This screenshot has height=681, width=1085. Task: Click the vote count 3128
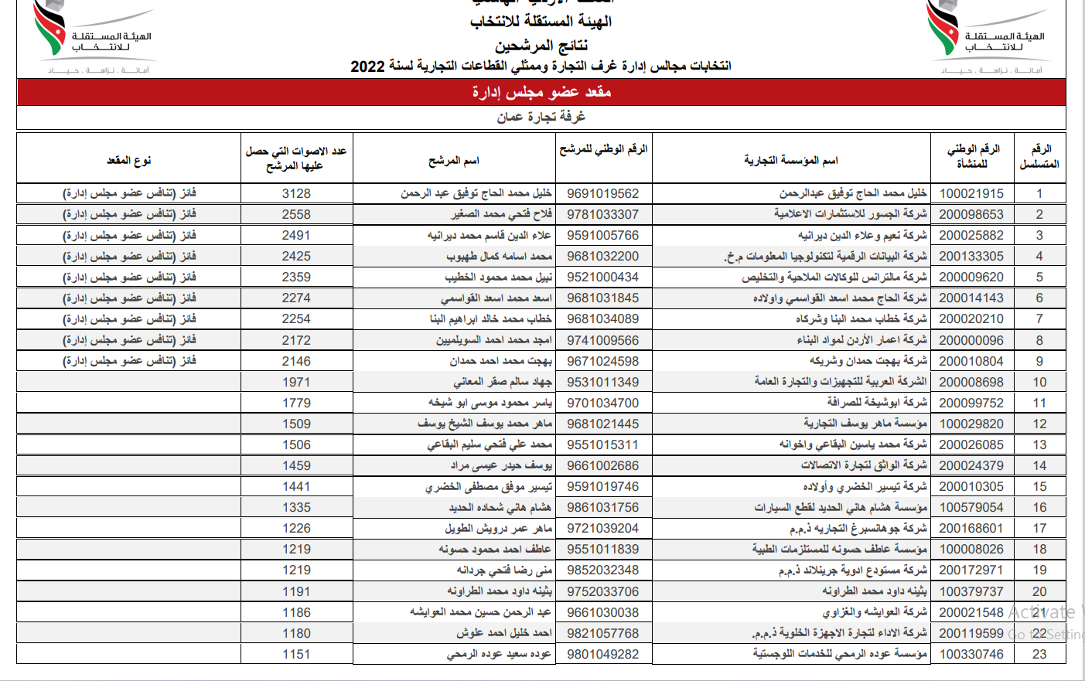tap(296, 193)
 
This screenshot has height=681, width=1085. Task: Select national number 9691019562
tap(602, 193)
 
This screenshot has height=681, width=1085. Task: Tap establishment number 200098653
tap(971, 214)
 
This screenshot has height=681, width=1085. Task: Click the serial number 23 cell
tap(1039, 654)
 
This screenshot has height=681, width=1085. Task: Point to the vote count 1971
tap(296, 382)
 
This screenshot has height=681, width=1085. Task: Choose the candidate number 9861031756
tap(602, 507)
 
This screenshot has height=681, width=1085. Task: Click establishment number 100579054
tap(971, 507)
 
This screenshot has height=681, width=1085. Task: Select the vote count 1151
tap(296, 654)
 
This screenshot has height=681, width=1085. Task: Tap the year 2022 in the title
tap(367, 66)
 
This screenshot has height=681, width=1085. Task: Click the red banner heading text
tap(541, 92)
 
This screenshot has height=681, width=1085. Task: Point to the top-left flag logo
tap(50, 29)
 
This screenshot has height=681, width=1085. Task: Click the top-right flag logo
tap(943, 29)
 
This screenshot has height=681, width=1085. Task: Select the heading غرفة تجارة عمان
tap(541, 117)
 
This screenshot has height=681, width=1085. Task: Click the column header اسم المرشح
tap(454, 160)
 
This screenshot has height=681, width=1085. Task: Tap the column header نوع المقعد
tap(128, 160)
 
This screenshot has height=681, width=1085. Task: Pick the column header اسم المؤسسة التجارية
tap(790, 160)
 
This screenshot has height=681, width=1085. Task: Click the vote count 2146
tap(296, 361)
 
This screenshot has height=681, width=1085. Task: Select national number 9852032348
tap(602, 570)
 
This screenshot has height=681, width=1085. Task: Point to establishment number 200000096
tap(971, 340)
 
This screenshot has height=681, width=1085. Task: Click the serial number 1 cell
tap(1039, 193)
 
